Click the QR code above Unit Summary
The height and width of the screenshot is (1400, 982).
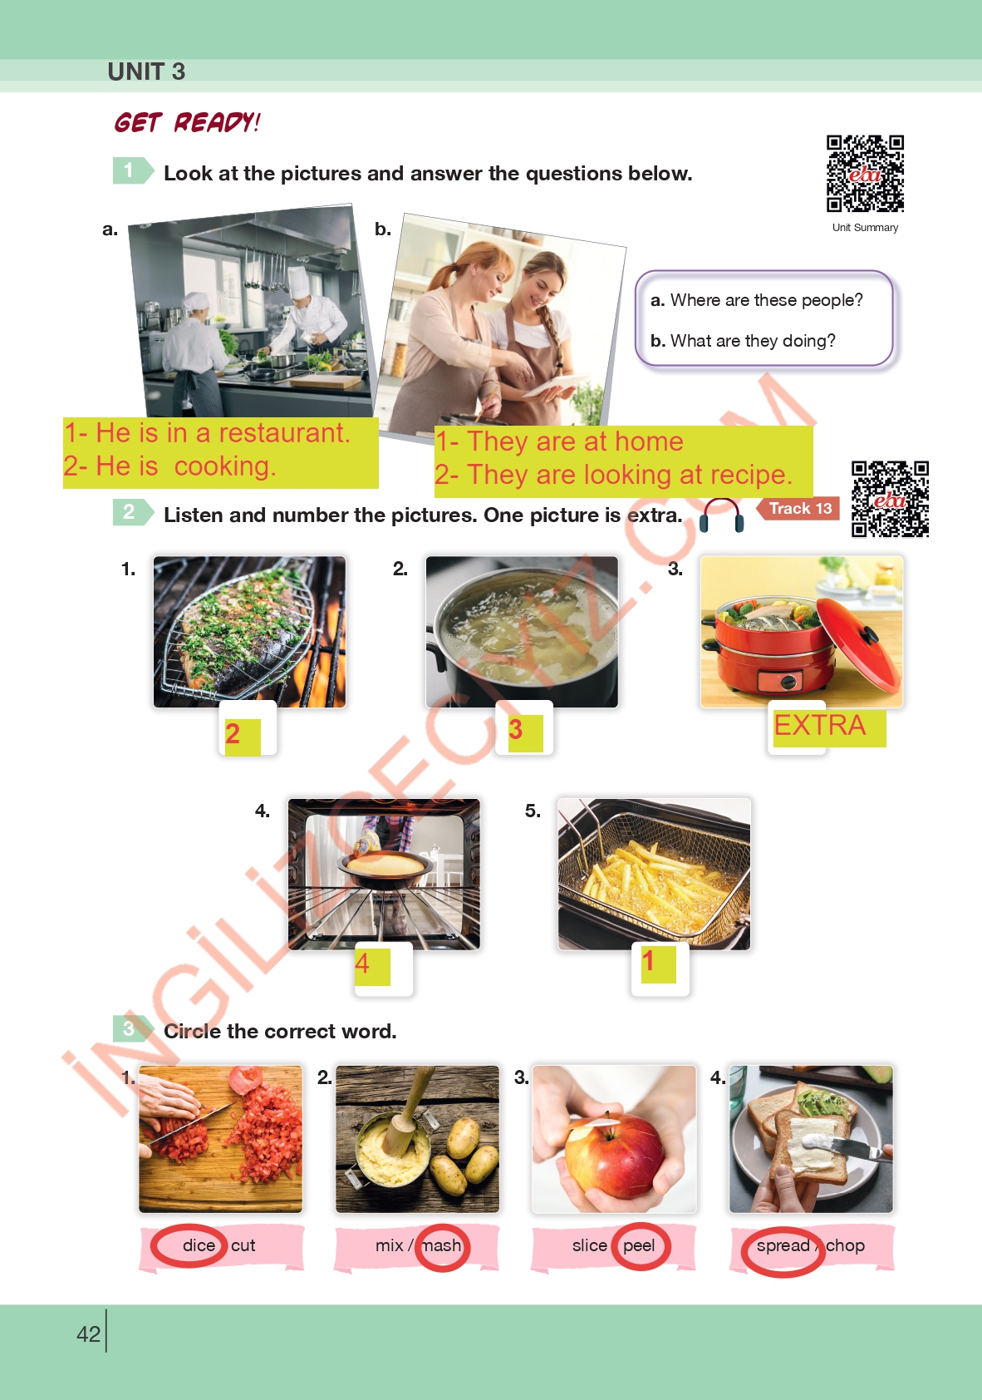point(865,174)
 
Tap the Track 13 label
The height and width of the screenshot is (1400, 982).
point(800,509)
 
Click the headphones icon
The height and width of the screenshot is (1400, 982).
point(721,515)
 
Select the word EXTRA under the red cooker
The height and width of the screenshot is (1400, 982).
point(820,726)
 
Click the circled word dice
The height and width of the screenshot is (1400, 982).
point(199,1245)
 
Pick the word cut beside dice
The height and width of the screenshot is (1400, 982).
point(243,1245)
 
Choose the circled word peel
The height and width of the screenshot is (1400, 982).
point(639,1245)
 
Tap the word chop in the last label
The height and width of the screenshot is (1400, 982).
point(845,1245)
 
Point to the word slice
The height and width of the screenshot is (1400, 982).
point(590,1245)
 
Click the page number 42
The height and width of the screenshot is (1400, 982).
point(88,1334)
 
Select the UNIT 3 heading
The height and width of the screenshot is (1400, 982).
point(146,71)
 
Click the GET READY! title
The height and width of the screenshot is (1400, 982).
point(187,122)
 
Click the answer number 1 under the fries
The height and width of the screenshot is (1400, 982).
point(648,960)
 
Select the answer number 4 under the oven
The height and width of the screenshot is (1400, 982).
point(361,964)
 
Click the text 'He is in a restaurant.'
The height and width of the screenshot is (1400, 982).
point(223,433)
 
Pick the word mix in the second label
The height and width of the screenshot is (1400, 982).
point(389,1245)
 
